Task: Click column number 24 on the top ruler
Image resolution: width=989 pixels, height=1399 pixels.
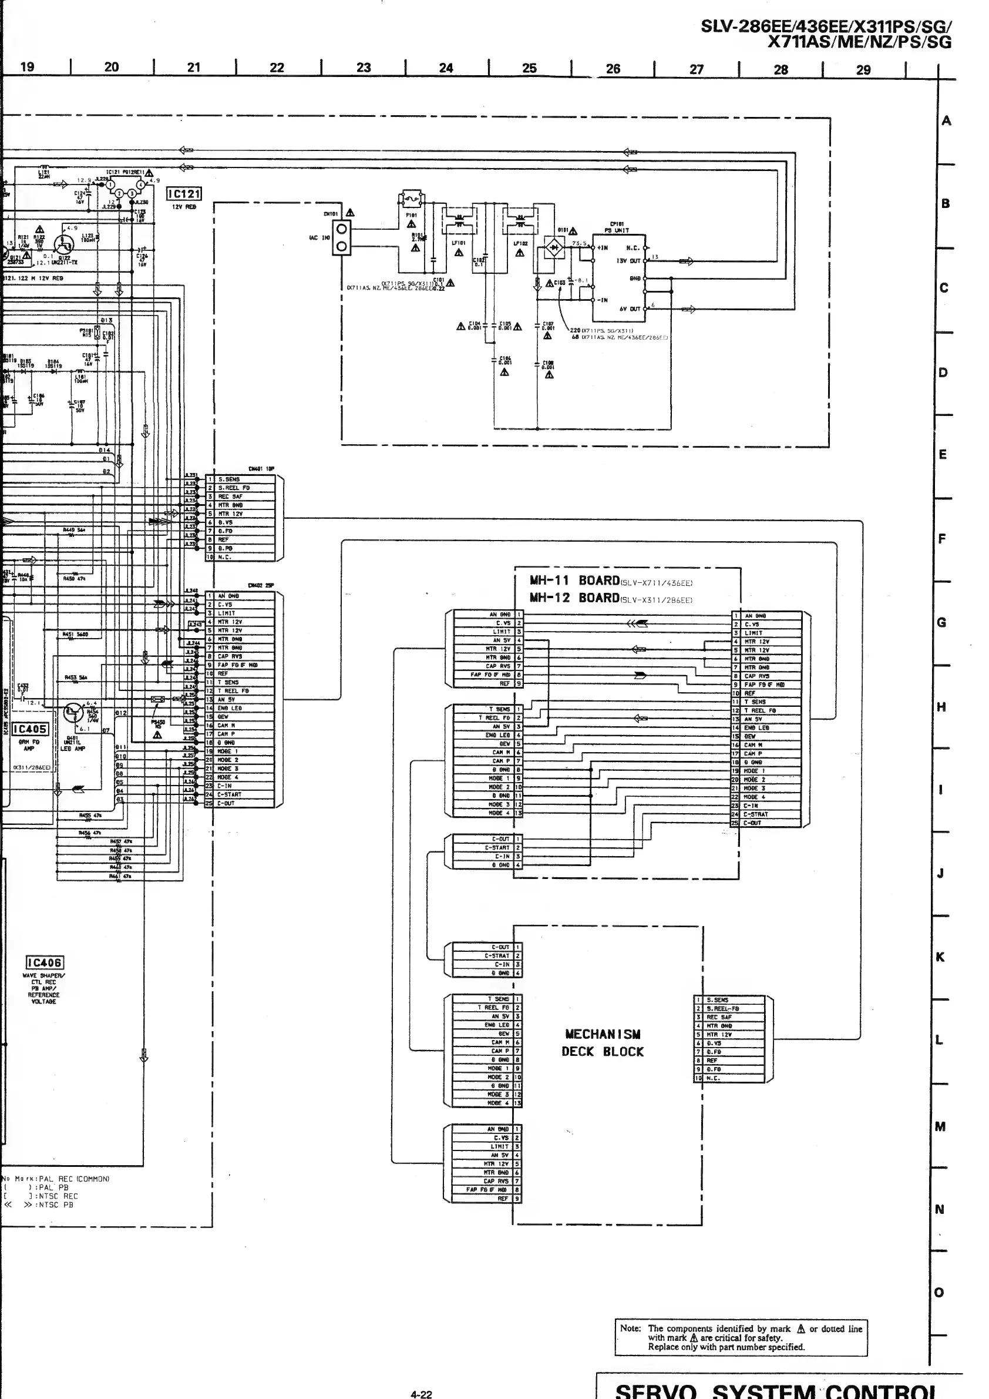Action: pyautogui.click(x=446, y=68)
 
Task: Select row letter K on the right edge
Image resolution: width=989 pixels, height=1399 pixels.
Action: pyautogui.click(x=940, y=957)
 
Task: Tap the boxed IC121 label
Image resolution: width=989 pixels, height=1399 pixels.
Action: pyautogui.click(x=184, y=194)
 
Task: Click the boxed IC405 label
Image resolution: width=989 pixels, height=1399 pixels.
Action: pyautogui.click(x=30, y=729)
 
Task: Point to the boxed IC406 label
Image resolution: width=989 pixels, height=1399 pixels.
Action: pyautogui.click(x=45, y=962)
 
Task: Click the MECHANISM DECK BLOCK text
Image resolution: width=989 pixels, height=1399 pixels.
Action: pyautogui.click(x=603, y=1042)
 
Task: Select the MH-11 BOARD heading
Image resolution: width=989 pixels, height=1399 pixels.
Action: pyautogui.click(x=574, y=581)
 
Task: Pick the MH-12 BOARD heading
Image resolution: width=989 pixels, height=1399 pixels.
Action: pyautogui.click(x=574, y=598)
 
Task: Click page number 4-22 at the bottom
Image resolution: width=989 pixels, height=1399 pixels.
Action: pyautogui.click(x=421, y=1394)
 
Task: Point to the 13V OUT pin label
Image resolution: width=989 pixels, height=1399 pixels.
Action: pyautogui.click(x=628, y=261)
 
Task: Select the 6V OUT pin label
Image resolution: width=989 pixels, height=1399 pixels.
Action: pyautogui.click(x=630, y=309)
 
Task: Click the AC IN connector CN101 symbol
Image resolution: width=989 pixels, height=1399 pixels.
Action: pyautogui.click(x=342, y=237)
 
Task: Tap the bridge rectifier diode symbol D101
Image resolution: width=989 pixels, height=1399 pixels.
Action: pyautogui.click(x=554, y=247)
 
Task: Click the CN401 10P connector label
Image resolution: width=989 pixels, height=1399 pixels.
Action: pyautogui.click(x=261, y=468)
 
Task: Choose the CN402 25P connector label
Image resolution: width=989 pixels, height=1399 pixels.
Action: pyautogui.click(x=261, y=586)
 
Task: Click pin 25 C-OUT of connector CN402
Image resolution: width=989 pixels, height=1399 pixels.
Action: pyautogui.click(x=240, y=803)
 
